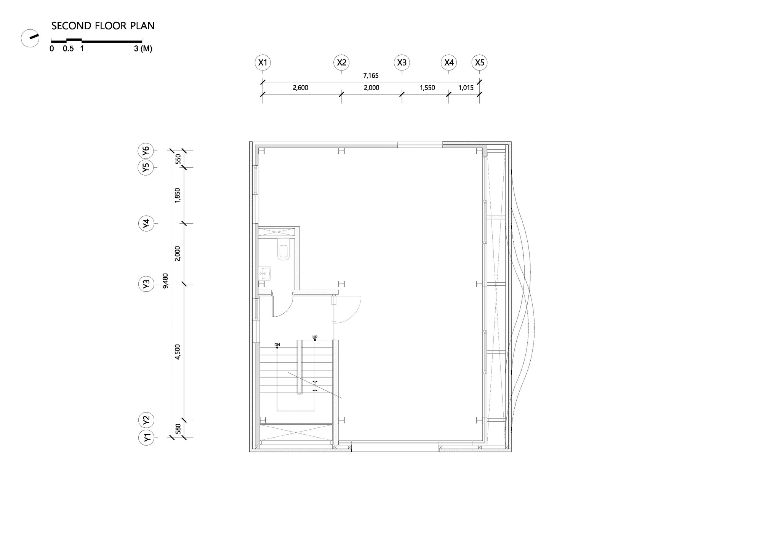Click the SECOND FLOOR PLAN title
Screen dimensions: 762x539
[x=103, y=26]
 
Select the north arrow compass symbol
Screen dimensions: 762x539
[x=30, y=38]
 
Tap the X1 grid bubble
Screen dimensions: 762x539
[x=263, y=62]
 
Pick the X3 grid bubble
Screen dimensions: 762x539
[x=402, y=62]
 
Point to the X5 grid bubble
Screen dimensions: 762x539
[x=479, y=62]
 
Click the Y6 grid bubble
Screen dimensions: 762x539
[x=146, y=151]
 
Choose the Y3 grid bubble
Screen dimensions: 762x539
[x=146, y=284]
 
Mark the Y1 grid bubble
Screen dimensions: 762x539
[x=146, y=437]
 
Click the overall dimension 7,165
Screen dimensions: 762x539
[x=371, y=76]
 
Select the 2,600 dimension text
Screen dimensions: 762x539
[x=300, y=88]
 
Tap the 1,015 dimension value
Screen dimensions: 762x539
[x=466, y=88]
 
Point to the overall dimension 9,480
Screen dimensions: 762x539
[x=165, y=281]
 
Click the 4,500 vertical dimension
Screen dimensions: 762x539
[x=178, y=352]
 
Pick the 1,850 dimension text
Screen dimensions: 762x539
[x=178, y=195]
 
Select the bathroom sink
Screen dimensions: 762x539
[x=264, y=273]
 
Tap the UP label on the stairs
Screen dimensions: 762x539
[x=315, y=337]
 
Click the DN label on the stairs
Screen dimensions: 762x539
[x=277, y=345]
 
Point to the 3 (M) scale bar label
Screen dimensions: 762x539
[x=143, y=49]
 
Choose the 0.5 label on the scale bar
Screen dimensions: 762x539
[x=68, y=49]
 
